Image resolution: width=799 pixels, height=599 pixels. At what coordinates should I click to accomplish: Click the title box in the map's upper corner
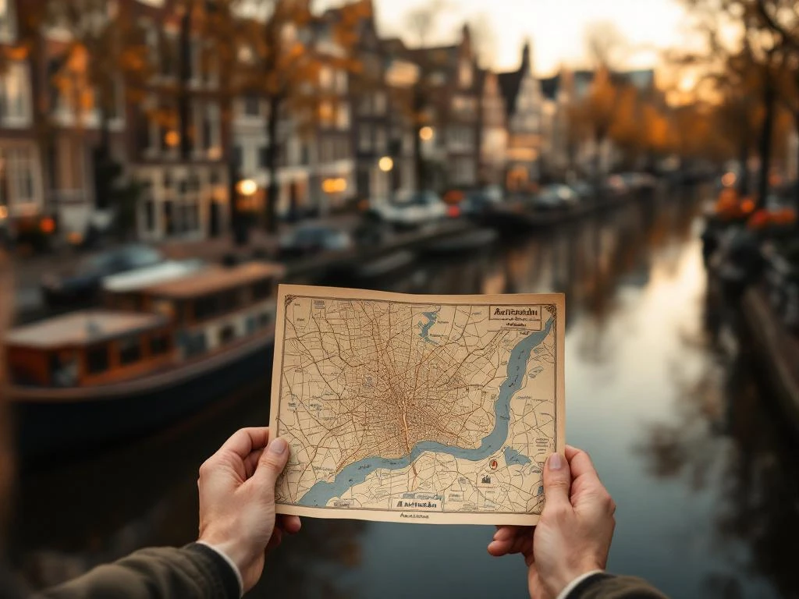515,314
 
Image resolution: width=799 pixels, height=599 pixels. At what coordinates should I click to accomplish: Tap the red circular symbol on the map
493,465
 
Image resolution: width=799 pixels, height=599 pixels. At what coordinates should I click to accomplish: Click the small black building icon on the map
485,479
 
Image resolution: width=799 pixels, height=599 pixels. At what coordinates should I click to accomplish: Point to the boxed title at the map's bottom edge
416,503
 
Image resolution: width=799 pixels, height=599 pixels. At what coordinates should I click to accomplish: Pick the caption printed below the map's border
414,516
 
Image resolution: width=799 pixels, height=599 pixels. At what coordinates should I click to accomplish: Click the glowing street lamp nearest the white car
385,164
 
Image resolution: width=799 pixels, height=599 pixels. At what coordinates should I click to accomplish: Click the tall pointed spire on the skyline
525,58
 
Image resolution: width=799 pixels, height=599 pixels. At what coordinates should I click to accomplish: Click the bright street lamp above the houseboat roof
247,187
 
